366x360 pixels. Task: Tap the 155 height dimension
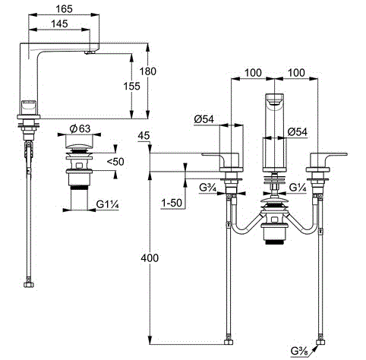tap(133, 86)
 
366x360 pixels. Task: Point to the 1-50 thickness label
tap(174, 204)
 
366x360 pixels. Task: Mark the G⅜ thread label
tap(299, 352)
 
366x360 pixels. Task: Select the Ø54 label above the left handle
tap(204, 119)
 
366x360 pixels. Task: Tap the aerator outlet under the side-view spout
tap(90, 53)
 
